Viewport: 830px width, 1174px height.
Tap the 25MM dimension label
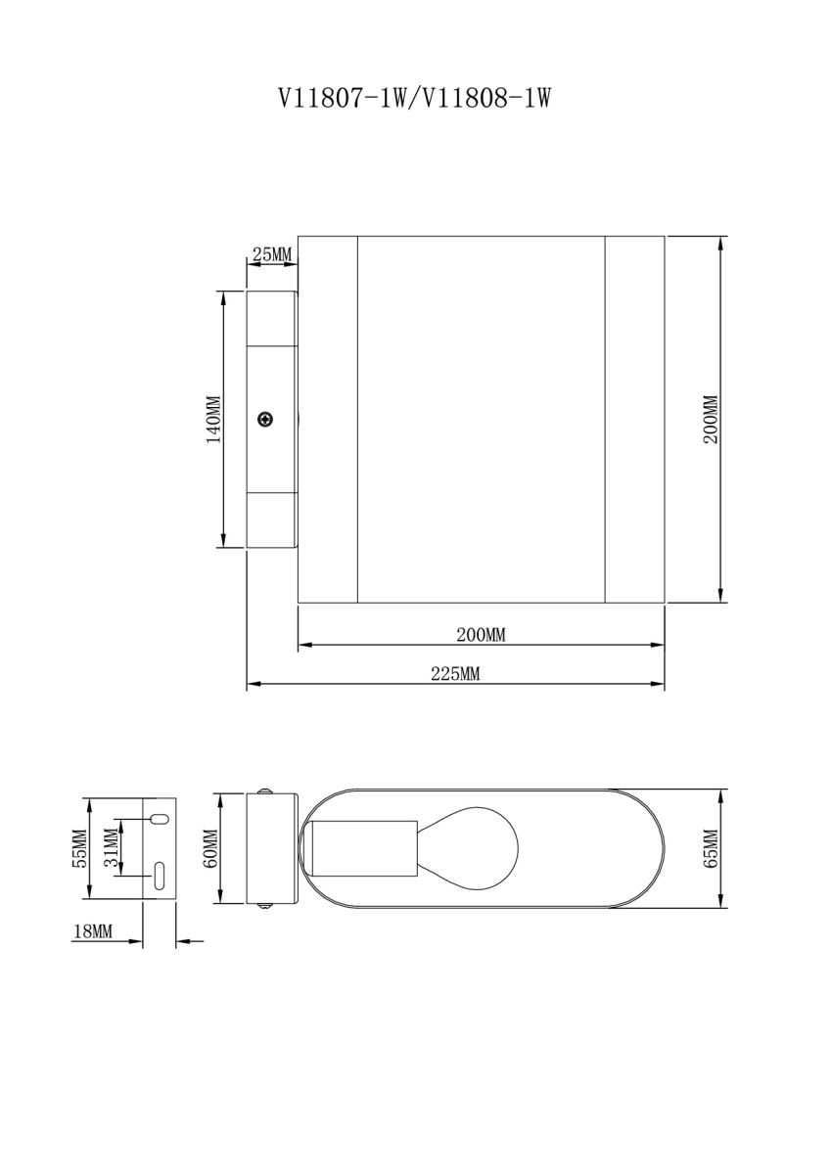272,255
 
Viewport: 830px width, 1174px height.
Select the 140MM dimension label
212,419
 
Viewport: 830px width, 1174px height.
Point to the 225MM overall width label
456,673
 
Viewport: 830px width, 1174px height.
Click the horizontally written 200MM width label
481,634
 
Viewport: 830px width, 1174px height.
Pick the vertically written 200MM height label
711,419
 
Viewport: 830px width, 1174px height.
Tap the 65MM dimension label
711,847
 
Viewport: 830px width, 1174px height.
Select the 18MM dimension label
93,932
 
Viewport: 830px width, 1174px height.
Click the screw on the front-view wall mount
265,420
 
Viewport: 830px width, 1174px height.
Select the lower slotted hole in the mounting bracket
159,875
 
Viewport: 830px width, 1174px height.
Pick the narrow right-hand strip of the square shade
634,419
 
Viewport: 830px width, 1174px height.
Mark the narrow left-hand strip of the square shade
327,419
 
